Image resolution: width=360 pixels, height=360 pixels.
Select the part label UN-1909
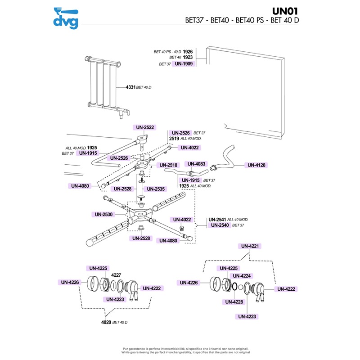(184, 64)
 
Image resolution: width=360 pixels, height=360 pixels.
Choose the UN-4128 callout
(256, 165)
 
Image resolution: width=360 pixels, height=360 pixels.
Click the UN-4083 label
(196, 164)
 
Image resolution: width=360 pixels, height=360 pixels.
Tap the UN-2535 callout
(156, 189)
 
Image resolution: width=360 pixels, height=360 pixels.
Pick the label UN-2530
(103, 214)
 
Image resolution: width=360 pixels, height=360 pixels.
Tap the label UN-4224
(242, 276)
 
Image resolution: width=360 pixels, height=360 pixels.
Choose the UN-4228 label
(234, 302)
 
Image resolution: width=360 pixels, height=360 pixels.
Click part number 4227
(117, 274)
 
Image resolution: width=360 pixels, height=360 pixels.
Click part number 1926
(188, 52)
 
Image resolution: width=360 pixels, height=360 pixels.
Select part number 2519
(174, 139)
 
